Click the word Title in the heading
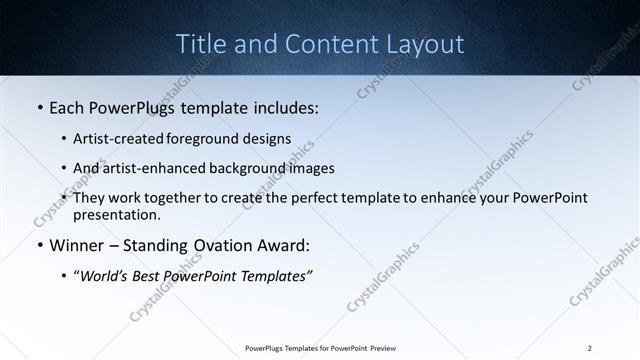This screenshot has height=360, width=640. point(200,44)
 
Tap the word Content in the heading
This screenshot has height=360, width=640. point(323,44)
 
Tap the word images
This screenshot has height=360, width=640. point(307,168)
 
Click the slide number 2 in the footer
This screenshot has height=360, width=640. point(590,348)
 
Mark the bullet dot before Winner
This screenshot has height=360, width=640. point(39,246)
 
